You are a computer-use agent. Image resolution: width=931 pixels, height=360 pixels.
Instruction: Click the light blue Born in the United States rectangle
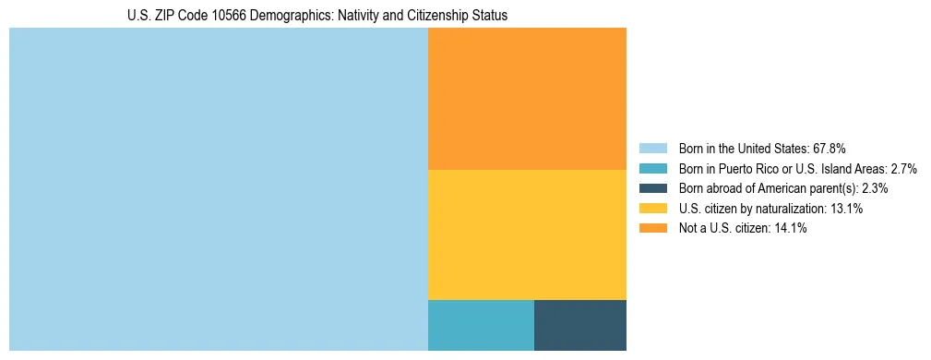coord(219,189)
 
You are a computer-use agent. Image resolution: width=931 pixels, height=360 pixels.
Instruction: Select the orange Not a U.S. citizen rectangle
coord(527,99)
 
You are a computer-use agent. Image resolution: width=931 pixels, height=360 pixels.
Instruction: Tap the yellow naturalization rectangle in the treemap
coord(527,234)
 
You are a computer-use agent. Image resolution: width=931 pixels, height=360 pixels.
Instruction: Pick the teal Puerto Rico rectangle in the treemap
coord(481,325)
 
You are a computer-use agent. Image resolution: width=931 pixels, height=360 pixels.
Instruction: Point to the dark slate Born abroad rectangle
coord(579,325)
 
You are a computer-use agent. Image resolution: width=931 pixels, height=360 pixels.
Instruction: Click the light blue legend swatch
coord(653,149)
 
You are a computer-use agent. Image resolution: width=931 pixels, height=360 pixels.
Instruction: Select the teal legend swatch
coord(653,169)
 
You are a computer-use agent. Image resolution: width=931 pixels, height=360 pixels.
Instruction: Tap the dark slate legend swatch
coord(653,188)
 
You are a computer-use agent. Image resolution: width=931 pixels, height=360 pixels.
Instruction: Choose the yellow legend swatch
coord(653,209)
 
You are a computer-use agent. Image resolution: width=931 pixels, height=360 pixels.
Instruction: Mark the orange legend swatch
coord(653,228)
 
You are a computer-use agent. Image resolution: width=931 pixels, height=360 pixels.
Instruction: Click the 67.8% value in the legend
coord(829,149)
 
